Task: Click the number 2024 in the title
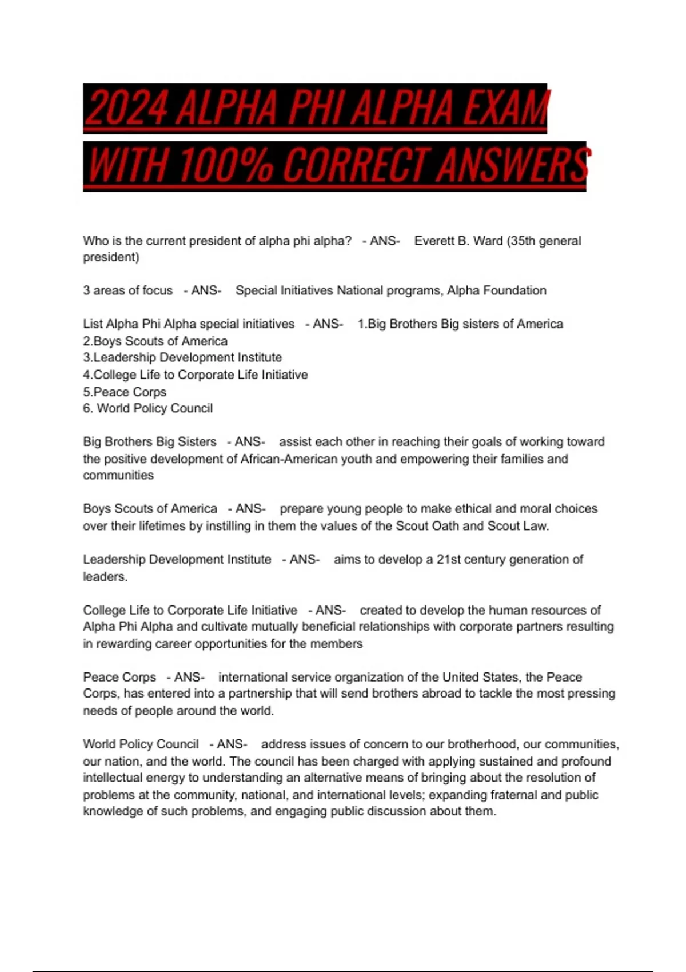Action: click(127, 108)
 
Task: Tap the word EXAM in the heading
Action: click(505, 108)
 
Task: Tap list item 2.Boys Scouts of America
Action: click(155, 341)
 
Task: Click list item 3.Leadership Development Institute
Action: click(182, 358)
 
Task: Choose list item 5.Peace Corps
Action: click(125, 392)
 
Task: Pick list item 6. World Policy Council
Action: click(147, 408)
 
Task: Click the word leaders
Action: click(105, 576)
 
